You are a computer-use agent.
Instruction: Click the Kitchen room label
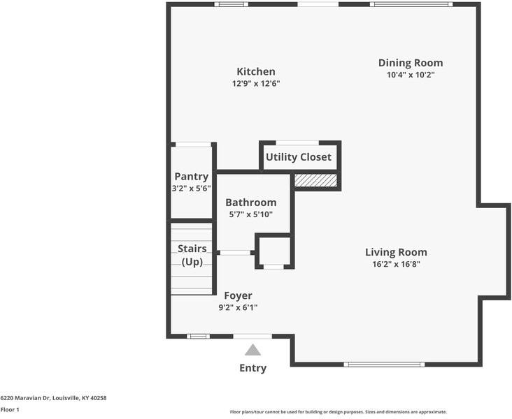tap(256, 71)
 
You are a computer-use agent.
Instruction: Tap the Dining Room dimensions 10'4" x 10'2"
tap(411, 75)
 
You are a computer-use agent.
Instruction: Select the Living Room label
tap(396, 252)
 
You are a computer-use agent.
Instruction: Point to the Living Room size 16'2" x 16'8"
tap(396, 264)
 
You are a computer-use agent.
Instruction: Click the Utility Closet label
tap(299, 157)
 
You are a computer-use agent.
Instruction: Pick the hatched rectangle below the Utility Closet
tap(315, 180)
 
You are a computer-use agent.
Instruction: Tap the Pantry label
tap(192, 177)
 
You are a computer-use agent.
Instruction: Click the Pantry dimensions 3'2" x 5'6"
tap(192, 189)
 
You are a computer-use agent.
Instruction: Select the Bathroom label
tap(251, 203)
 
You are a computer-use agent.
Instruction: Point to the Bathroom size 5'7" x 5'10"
tap(251, 214)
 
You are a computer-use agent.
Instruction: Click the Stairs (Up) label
tap(192, 256)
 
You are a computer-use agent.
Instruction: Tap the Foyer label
tap(238, 296)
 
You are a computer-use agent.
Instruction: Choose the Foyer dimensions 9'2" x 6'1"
tap(238, 307)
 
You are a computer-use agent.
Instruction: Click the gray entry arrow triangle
tap(253, 350)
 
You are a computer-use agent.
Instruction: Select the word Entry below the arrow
tap(253, 368)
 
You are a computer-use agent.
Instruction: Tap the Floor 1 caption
tap(10, 409)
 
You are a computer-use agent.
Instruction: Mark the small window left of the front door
tap(198, 337)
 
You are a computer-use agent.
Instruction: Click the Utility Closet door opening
tap(297, 143)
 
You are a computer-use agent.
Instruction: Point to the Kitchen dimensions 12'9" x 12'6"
tap(256, 84)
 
